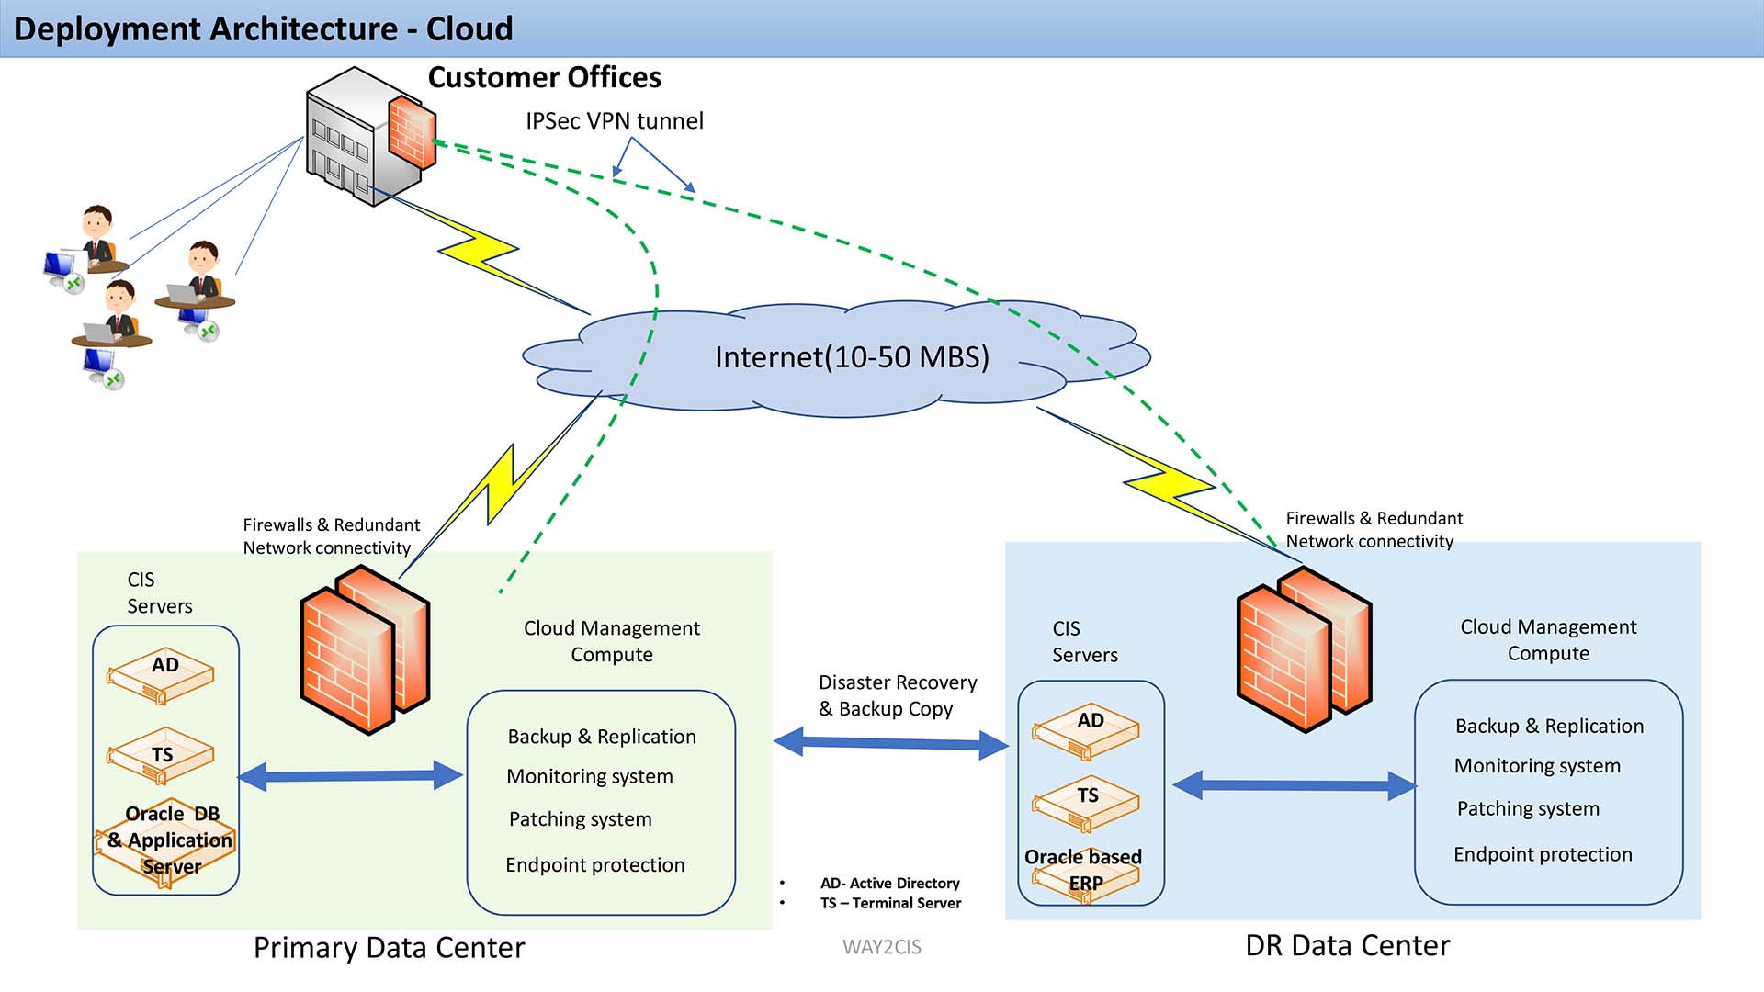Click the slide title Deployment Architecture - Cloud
(x=263, y=29)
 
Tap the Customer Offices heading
(x=544, y=78)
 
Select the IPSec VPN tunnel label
(x=614, y=121)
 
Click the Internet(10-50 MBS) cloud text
(x=852, y=357)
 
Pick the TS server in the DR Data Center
(x=1086, y=801)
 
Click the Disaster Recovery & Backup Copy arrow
(x=891, y=743)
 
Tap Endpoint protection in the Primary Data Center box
(x=594, y=865)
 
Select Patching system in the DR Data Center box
(x=1528, y=809)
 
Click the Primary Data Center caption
(x=389, y=948)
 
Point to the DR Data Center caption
(x=1347, y=946)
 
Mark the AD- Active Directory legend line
(x=889, y=884)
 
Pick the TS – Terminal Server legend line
(x=890, y=904)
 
